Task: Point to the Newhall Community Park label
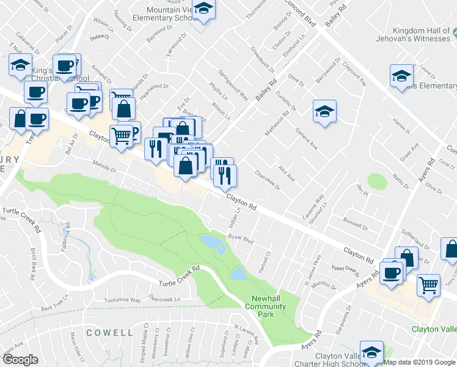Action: (265, 306)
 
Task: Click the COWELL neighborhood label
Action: (109, 333)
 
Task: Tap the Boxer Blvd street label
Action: (240, 237)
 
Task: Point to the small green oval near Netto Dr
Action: (377, 182)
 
